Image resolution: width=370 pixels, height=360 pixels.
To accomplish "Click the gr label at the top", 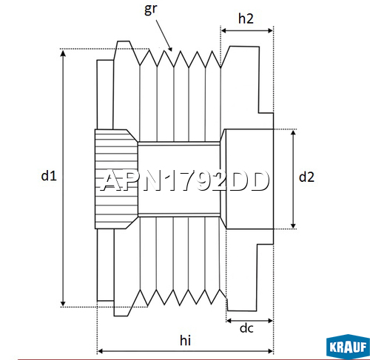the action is click(x=150, y=9).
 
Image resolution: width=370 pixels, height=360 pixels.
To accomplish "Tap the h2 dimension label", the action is click(x=246, y=18).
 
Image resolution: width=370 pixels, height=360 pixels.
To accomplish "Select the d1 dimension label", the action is click(x=49, y=176).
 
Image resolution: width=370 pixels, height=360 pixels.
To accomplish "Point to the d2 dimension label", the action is click(x=306, y=177).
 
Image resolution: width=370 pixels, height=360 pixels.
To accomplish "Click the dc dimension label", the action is click(x=246, y=328).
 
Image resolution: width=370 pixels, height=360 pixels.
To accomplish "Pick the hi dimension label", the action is click(x=185, y=340).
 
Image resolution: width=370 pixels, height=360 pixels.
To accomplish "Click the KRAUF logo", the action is click(x=348, y=347).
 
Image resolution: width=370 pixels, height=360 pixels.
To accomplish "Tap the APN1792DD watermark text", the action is click(x=184, y=180).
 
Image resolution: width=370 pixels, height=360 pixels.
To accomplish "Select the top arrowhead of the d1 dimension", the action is click(x=63, y=52).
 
